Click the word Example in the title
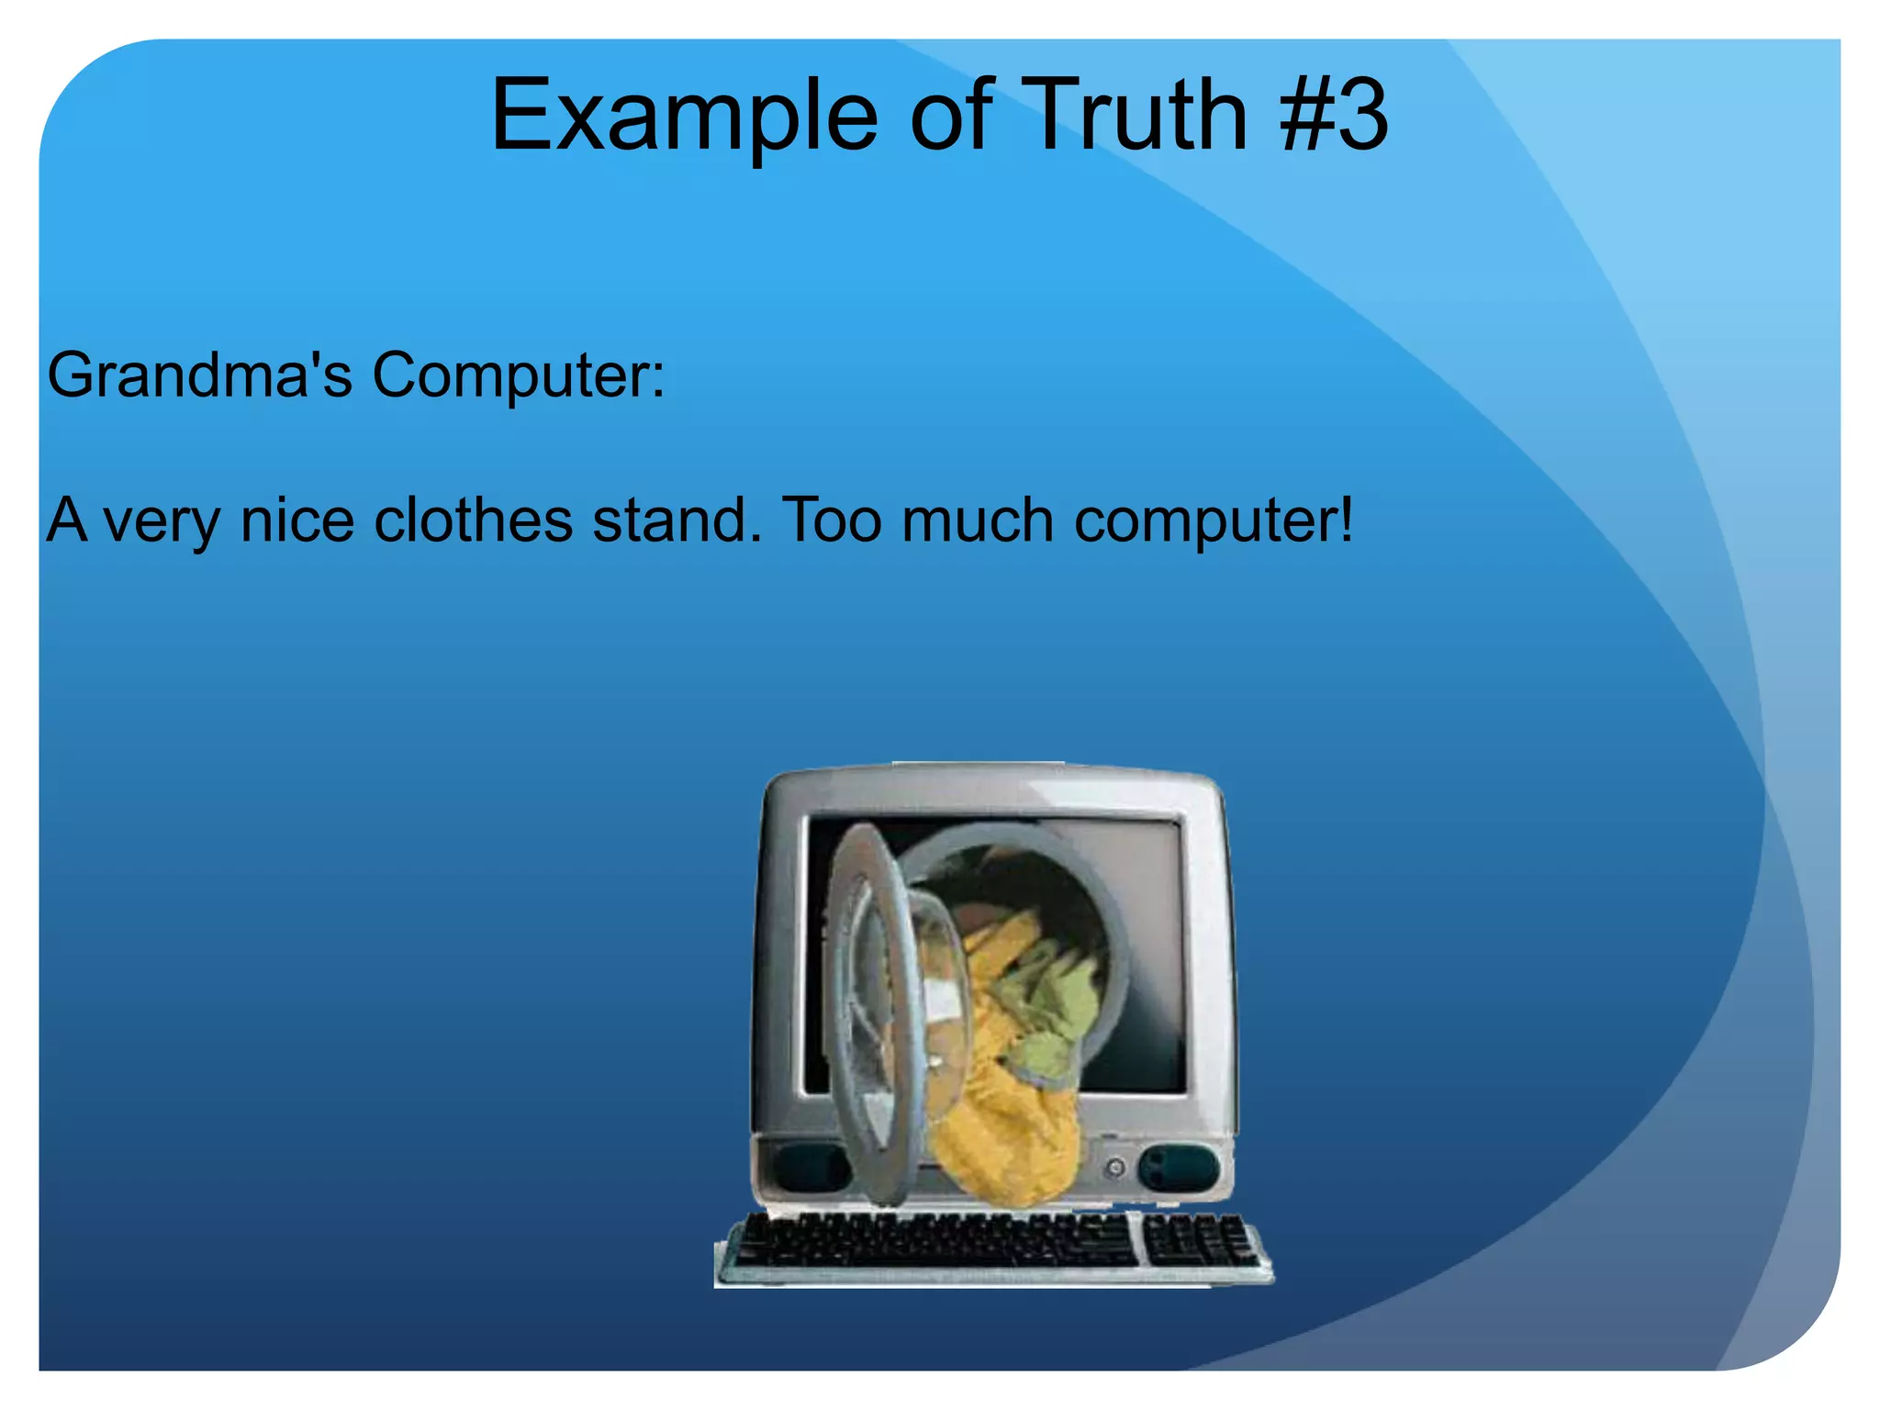(684, 117)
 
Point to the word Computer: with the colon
(519, 375)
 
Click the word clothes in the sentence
(474, 520)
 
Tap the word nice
(297, 520)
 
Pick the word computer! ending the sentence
(1214, 520)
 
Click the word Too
(832, 520)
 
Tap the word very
(162, 520)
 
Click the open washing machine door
(872, 1010)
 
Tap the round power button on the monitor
(1115, 1168)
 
